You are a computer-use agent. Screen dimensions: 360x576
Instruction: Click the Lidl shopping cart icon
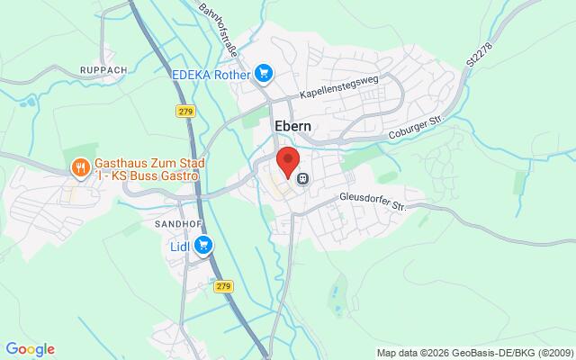pos(204,244)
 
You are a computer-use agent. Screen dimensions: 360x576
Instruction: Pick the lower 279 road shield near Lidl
pos(223,285)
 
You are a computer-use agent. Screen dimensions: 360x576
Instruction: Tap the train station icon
pos(303,178)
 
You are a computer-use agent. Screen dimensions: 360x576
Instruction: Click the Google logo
pos(30,349)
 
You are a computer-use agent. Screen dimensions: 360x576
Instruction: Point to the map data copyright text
pos(473,353)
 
